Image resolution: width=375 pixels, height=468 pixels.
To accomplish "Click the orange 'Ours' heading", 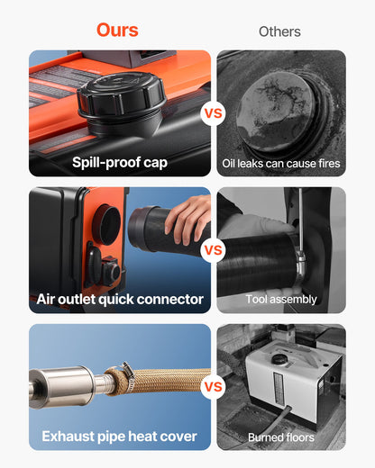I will pos(117,30).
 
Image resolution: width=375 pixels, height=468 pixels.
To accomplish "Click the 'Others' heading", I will pos(279,31).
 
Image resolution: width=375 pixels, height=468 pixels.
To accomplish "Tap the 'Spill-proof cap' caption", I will pos(119,164).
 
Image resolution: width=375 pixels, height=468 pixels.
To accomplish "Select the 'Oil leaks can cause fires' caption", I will pos(281,164).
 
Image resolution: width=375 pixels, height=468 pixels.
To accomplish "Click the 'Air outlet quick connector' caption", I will pos(120,299).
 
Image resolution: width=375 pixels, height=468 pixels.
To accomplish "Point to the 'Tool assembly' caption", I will pos(281,299).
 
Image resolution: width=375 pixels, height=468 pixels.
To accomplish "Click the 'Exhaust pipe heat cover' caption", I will pos(119,437).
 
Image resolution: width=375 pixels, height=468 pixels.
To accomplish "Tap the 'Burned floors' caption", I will pos(281,437).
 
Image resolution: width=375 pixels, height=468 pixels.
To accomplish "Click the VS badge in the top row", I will pos(214,113).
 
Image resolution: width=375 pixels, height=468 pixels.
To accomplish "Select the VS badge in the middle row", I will pos(214,250).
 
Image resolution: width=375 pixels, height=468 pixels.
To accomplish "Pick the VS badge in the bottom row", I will pos(214,388).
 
